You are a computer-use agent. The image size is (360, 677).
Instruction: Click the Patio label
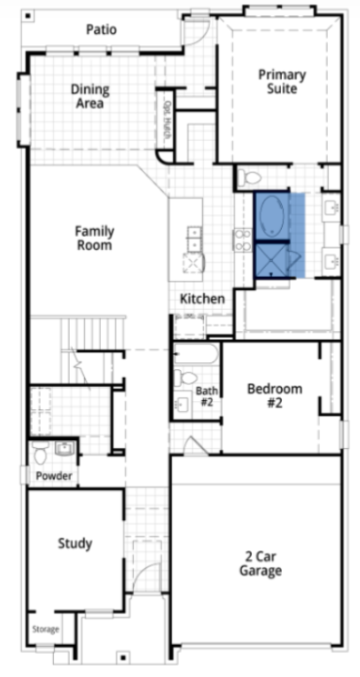(x=101, y=30)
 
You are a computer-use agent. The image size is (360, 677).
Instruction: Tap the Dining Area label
(x=90, y=97)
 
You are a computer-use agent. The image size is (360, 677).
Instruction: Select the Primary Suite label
(x=282, y=82)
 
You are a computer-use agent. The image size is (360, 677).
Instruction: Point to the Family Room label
(x=95, y=238)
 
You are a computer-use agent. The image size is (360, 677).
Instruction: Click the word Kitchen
(x=202, y=298)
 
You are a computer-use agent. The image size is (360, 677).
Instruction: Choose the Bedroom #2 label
(x=275, y=396)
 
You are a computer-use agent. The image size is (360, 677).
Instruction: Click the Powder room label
(x=54, y=476)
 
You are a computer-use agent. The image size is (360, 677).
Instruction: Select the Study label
(x=75, y=543)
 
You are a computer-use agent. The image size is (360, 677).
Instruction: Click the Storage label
(x=46, y=629)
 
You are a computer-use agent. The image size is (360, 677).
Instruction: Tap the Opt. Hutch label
(x=166, y=120)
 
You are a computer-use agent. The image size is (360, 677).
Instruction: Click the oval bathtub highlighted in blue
(x=272, y=216)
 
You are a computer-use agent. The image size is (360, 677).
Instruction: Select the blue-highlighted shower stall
(x=271, y=260)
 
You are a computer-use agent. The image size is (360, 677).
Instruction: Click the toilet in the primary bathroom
(x=250, y=177)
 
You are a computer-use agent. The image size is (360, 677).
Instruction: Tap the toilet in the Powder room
(x=41, y=453)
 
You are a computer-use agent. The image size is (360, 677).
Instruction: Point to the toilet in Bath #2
(x=185, y=378)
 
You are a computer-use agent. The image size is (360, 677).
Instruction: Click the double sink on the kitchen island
(x=193, y=239)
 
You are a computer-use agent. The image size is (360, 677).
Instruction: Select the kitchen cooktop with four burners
(x=242, y=240)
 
